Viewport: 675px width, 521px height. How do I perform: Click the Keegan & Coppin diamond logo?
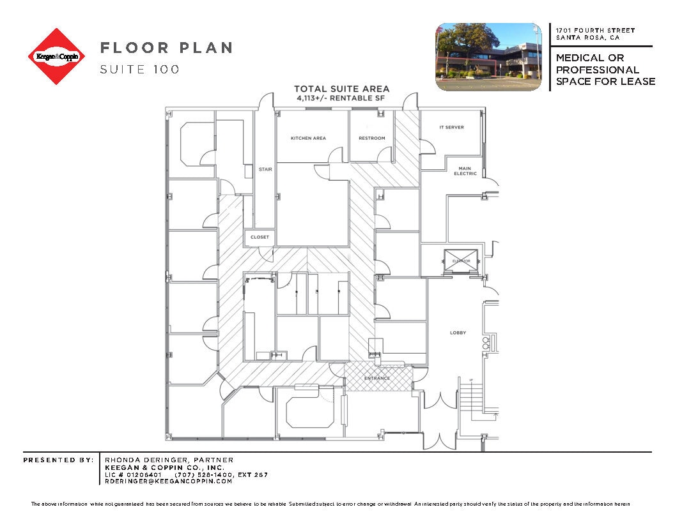(x=56, y=56)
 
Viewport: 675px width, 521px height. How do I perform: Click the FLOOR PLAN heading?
(x=166, y=48)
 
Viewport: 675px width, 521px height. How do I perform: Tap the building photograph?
(x=488, y=56)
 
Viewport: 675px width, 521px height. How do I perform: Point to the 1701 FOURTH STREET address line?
(x=595, y=31)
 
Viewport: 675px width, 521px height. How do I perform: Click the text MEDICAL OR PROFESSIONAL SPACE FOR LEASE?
(x=605, y=70)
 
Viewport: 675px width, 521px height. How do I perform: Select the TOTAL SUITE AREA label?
(x=341, y=89)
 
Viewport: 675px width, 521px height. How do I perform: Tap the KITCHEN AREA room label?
(x=308, y=138)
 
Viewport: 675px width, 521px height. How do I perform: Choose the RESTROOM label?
(x=371, y=138)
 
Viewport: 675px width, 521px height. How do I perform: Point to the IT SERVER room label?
(x=451, y=128)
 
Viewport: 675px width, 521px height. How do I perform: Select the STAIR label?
(x=265, y=170)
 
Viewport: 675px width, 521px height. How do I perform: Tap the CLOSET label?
(x=260, y=237)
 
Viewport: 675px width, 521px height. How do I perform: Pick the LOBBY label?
(x=458, y=333)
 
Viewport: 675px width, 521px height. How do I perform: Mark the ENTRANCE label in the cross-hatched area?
(x=376, y=378)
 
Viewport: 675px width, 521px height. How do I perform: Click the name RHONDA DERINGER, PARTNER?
(x=169, y=460)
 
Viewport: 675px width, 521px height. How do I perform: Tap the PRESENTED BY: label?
(x=58, y=460)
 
